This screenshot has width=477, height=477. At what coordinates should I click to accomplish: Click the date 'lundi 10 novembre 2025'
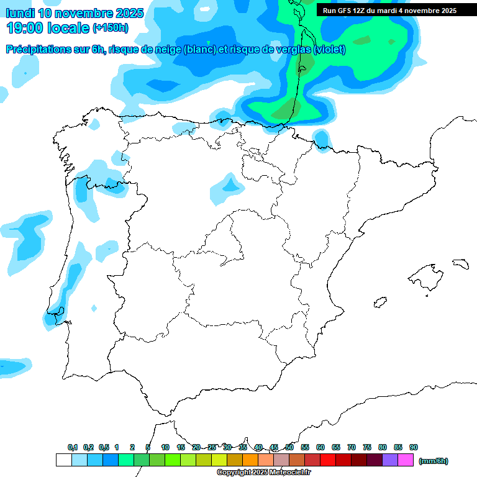pos(75,13)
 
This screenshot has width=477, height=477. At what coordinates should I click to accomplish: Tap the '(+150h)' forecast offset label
pos(110,28)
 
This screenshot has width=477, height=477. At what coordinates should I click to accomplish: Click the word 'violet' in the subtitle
pos(329,49)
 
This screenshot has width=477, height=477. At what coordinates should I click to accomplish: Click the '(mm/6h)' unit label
pos(433,461)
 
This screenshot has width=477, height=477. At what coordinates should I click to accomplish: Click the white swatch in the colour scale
pos(63,460)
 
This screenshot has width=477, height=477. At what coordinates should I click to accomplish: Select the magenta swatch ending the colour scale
pos(406,460)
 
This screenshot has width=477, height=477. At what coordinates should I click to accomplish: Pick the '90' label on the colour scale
pos(414,447)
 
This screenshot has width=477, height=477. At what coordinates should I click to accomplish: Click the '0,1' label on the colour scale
pos(72,447)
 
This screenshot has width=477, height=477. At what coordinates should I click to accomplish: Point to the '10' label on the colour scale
pos(165,447)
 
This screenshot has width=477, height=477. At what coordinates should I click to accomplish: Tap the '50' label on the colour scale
pos(289,447)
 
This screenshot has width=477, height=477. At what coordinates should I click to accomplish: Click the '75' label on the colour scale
pos(367,447)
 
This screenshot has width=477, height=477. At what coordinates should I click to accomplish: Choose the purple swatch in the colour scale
pos(390,460)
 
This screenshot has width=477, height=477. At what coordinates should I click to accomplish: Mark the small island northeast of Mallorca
pos(460,263)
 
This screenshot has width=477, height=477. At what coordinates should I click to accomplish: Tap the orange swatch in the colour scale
pos(250,460)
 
